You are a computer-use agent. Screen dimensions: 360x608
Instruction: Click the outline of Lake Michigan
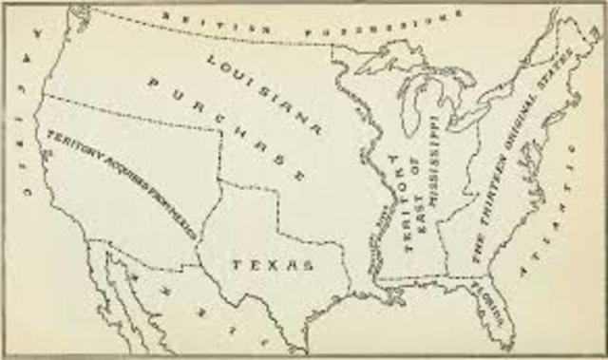point(409,104)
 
